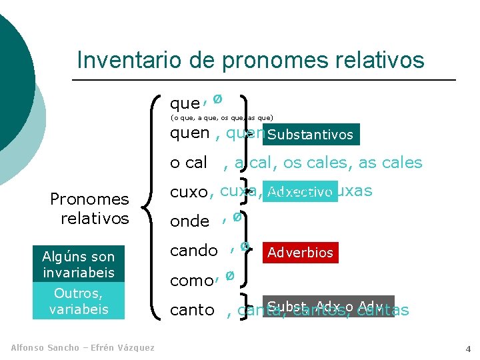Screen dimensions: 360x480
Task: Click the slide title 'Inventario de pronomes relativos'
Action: tap(250, 60)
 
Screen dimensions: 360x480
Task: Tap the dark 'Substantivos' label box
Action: tap(311, 135)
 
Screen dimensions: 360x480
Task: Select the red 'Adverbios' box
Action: tap(300, 253)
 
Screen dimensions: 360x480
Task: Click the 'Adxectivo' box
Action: tap(300, 193)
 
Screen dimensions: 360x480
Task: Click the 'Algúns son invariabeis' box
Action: tap(79, 265)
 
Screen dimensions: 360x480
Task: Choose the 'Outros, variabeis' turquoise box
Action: tap(79, 301)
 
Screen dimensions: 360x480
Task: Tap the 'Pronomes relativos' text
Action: tap(89, 209)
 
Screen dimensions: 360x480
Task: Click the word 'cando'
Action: tap(194, 251)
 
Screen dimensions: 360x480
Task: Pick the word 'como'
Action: tap(191, 281)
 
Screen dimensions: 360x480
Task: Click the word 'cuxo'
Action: tap(189, 193)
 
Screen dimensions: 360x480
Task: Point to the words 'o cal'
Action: tap(189, 163)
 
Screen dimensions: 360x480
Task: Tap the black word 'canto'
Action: tap(192, 310)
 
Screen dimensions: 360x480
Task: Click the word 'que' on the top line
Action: tap(185, 104)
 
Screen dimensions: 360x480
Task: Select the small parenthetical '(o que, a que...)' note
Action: tap(221, 118)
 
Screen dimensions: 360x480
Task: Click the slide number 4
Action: tap(467, 349)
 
